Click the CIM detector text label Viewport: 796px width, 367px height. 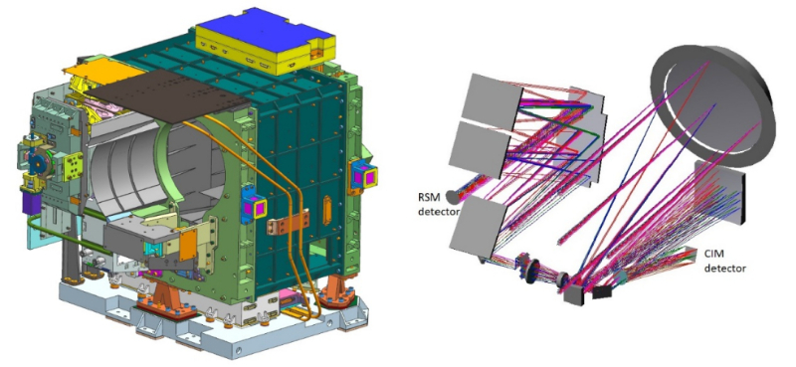724,260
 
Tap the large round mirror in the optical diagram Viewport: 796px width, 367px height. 713,105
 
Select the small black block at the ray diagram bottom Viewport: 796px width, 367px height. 603,292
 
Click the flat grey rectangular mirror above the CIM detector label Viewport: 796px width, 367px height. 719,192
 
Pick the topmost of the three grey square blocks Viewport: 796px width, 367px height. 492,97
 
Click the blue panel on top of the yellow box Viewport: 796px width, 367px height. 265,27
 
